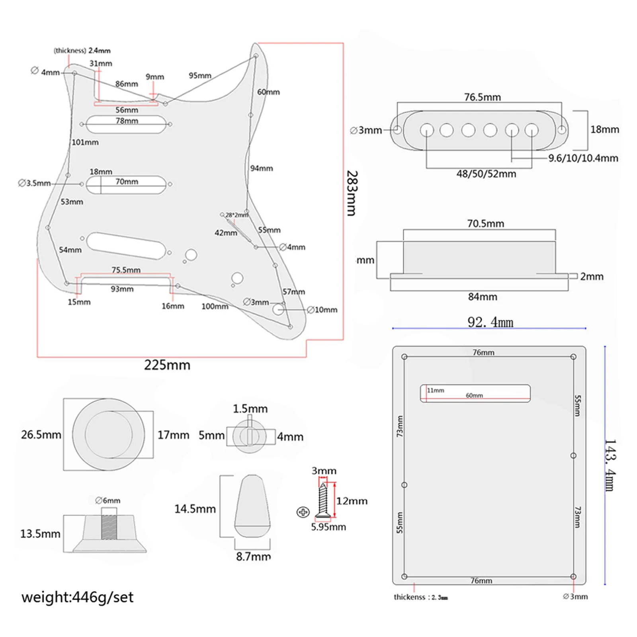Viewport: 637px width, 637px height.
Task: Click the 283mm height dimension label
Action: [352, 193]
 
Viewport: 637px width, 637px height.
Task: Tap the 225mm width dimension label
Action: [167, 365]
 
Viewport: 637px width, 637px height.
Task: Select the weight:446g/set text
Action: [78, 597]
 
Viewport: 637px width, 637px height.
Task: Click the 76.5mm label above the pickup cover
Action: [482, 97]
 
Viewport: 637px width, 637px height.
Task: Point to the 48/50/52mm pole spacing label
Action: [486, 174]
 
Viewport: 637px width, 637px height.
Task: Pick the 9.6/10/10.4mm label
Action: [583, 158]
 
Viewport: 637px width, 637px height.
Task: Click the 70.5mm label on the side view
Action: [485, 223]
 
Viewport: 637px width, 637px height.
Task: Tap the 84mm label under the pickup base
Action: [483, 297]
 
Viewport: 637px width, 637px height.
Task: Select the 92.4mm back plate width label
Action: [490, 322]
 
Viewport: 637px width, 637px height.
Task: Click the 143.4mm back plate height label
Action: [610, 465]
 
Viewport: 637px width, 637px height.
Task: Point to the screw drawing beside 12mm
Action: [323, 501]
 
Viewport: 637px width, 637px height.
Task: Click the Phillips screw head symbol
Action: [303, 512]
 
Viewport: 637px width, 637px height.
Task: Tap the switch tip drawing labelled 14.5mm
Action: [252, 506]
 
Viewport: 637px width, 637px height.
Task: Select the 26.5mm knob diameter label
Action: [41, 434]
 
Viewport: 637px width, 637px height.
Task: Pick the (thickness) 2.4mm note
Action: [82, 51]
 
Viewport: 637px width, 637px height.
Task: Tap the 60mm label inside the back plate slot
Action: [474, 395]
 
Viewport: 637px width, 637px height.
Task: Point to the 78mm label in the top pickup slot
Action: [127, 121]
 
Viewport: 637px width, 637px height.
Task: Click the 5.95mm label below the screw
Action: [328, 527]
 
